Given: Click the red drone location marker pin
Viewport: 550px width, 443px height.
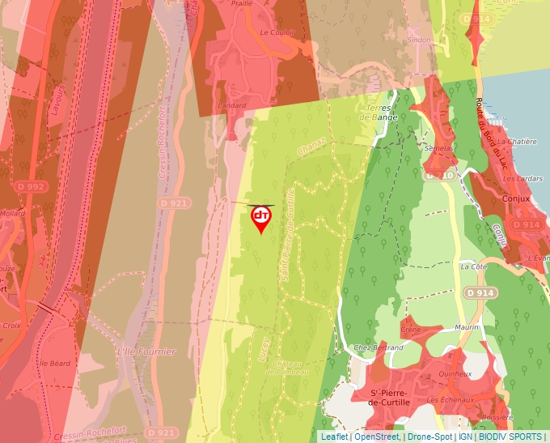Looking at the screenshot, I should (x=260, y=218).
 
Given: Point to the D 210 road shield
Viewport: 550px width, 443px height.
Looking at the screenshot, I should (x=439, y=175).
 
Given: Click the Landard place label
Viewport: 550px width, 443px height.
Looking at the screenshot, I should (x=232, y=105).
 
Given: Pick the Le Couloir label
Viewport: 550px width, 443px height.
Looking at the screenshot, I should (x=277, y=32).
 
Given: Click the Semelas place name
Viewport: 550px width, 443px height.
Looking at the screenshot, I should (x=438, y=148).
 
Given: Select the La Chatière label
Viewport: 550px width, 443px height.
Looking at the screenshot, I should (x=517, y=141).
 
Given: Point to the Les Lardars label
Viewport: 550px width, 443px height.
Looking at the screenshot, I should (x=521, y=178).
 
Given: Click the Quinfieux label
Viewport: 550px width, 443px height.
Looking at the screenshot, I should (x=455, y=374).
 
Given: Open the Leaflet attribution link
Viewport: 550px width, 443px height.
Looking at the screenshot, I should (x=334, y=437).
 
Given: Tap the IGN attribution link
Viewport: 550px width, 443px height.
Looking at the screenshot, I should (x=465, y=437).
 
